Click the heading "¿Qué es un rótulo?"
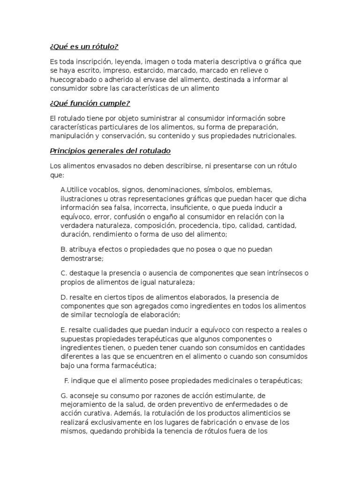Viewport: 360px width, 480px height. coord(84,47)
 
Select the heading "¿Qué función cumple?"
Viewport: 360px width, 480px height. coord(90,103)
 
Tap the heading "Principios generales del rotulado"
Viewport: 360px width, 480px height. coord(110,151)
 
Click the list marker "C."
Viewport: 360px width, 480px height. coord(65,273)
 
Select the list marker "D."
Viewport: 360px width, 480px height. coord(65,297)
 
